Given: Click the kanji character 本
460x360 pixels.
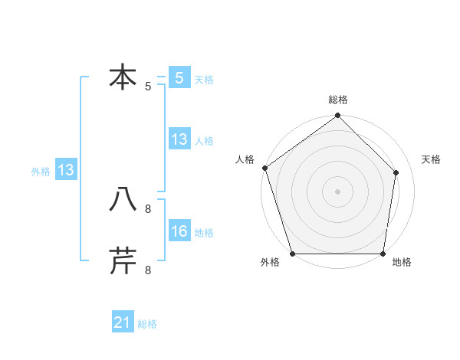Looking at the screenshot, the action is (x=123, y=78).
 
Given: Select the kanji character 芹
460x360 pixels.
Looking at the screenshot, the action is (x=123, y=260).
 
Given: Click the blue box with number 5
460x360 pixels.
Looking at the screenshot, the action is (x=179, y=78).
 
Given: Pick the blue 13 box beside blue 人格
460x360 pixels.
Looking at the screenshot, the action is (x=179, y=139).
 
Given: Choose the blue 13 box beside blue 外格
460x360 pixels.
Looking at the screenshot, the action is (x=66, y=171).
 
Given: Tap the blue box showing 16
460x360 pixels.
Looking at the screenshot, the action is (x=179, y=232).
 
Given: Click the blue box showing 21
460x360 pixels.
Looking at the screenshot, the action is (x=123, y=323).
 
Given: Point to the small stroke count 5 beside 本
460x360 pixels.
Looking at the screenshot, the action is (x=148, y=87).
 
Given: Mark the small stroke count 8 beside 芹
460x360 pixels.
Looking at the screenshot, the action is (x=148, y=269).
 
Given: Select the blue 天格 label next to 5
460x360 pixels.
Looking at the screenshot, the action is (x=204, y=80).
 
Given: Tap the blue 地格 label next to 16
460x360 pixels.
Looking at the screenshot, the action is (x=204, y=233).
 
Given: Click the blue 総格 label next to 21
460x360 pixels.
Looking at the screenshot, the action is (x=147, y=324).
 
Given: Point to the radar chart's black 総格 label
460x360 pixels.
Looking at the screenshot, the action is (x=338, y=100).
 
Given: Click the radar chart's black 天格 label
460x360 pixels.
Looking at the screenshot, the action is (x=432, y=159).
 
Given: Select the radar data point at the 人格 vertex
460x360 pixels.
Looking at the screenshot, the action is (x=264, y=168).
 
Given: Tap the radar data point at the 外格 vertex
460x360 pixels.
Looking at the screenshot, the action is (x=293, y=254).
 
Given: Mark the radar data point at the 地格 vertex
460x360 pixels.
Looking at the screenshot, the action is (x=383, y=254).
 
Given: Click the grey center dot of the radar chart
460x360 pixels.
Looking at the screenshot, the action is (x=337, y=191).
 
